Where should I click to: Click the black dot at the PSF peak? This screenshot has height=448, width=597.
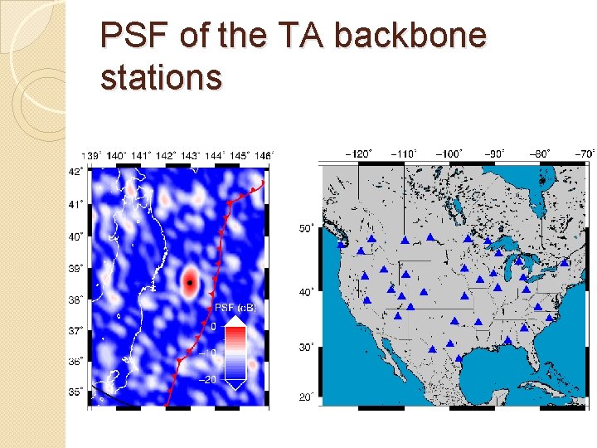[x=190, y=283]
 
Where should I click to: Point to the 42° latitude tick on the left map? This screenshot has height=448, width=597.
[x=75, y=172]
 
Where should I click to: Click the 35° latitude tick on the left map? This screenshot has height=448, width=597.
[x=75, y=392]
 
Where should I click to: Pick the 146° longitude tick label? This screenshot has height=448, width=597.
[x=263, y=155]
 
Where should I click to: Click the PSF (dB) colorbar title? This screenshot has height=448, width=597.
[x=235, y=308]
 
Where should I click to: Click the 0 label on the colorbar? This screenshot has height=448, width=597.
[x=212, y=327]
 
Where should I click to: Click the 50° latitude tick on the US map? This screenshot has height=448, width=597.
[x=305, y=228]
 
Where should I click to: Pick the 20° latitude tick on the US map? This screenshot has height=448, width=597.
[x=305, y=398]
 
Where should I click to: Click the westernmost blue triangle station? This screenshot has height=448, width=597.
[x=341, y=244]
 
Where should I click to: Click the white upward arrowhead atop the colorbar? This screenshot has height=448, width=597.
[x=235, y=319]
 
